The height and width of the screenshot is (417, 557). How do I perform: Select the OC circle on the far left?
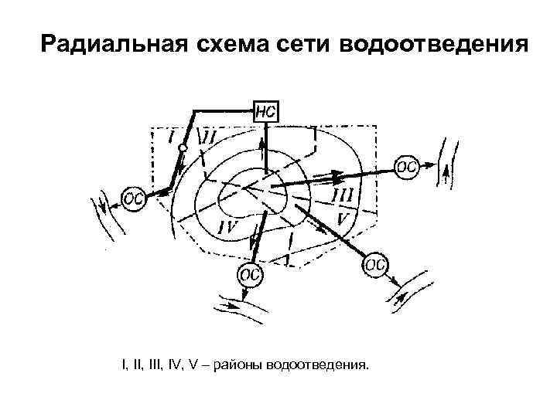pyautogui.click(x=134, y=198)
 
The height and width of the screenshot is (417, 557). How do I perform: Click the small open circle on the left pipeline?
pyautogui.click(x=183, y=147)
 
